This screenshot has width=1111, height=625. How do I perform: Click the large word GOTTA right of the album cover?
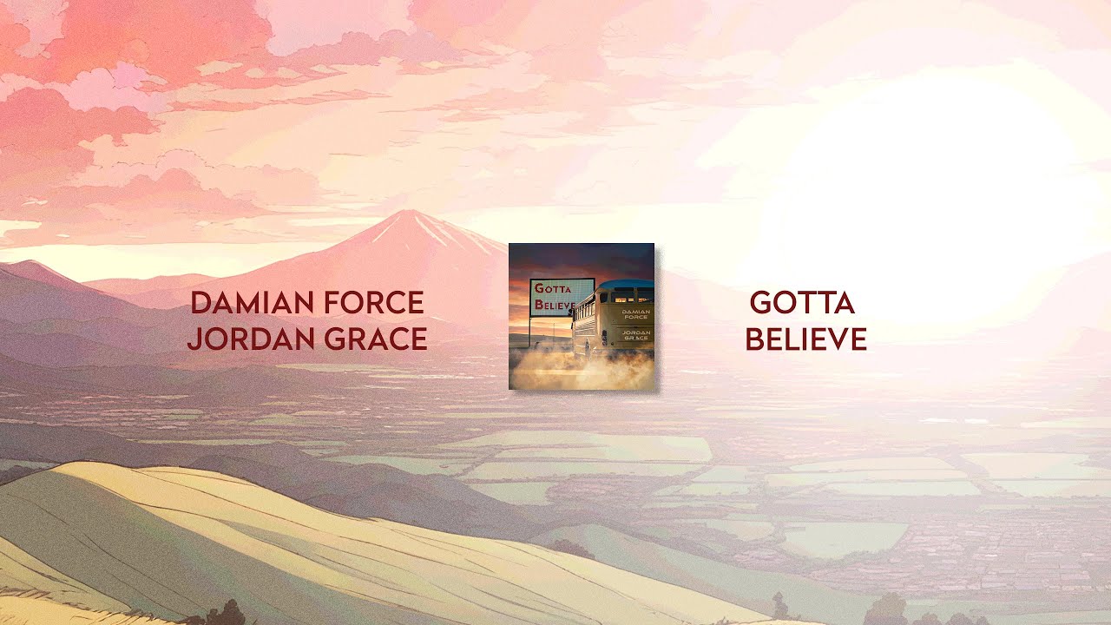click(x=802, y=303)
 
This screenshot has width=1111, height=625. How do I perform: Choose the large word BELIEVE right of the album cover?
click(x=805, y=339)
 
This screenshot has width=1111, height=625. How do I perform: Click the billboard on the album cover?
click(x=562, y=298)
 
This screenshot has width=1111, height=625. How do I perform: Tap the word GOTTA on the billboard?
click(x=553, y=289)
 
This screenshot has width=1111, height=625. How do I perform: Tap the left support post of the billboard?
click(x=531, y=330)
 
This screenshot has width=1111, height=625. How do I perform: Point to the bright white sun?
click(x=920, y=182)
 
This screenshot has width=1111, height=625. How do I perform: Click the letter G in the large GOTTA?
click(x=761, y=303)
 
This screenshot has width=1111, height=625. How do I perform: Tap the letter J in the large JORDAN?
click(x=194, y=339)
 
